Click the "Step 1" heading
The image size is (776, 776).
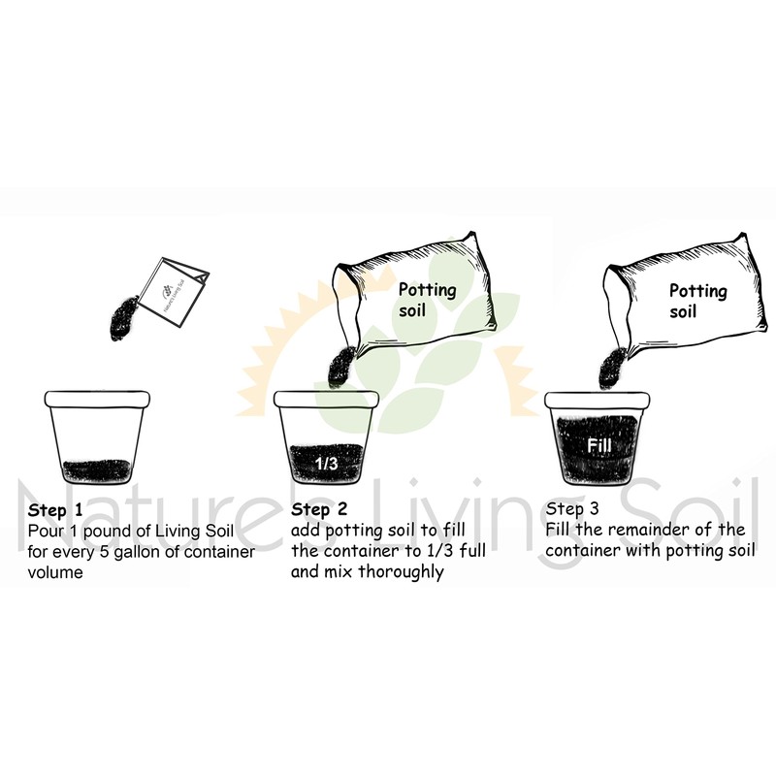(x=56, y=510)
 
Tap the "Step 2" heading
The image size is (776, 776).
(x=319, y=510)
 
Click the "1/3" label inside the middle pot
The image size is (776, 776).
(x=326, y=464)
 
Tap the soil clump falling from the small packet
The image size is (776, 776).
(x=127, y=313)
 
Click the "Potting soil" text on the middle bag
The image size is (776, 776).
(x=427, y=300)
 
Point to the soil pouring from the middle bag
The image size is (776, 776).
(x=342, y=368)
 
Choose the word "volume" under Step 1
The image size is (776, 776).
(x=56, y=573)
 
